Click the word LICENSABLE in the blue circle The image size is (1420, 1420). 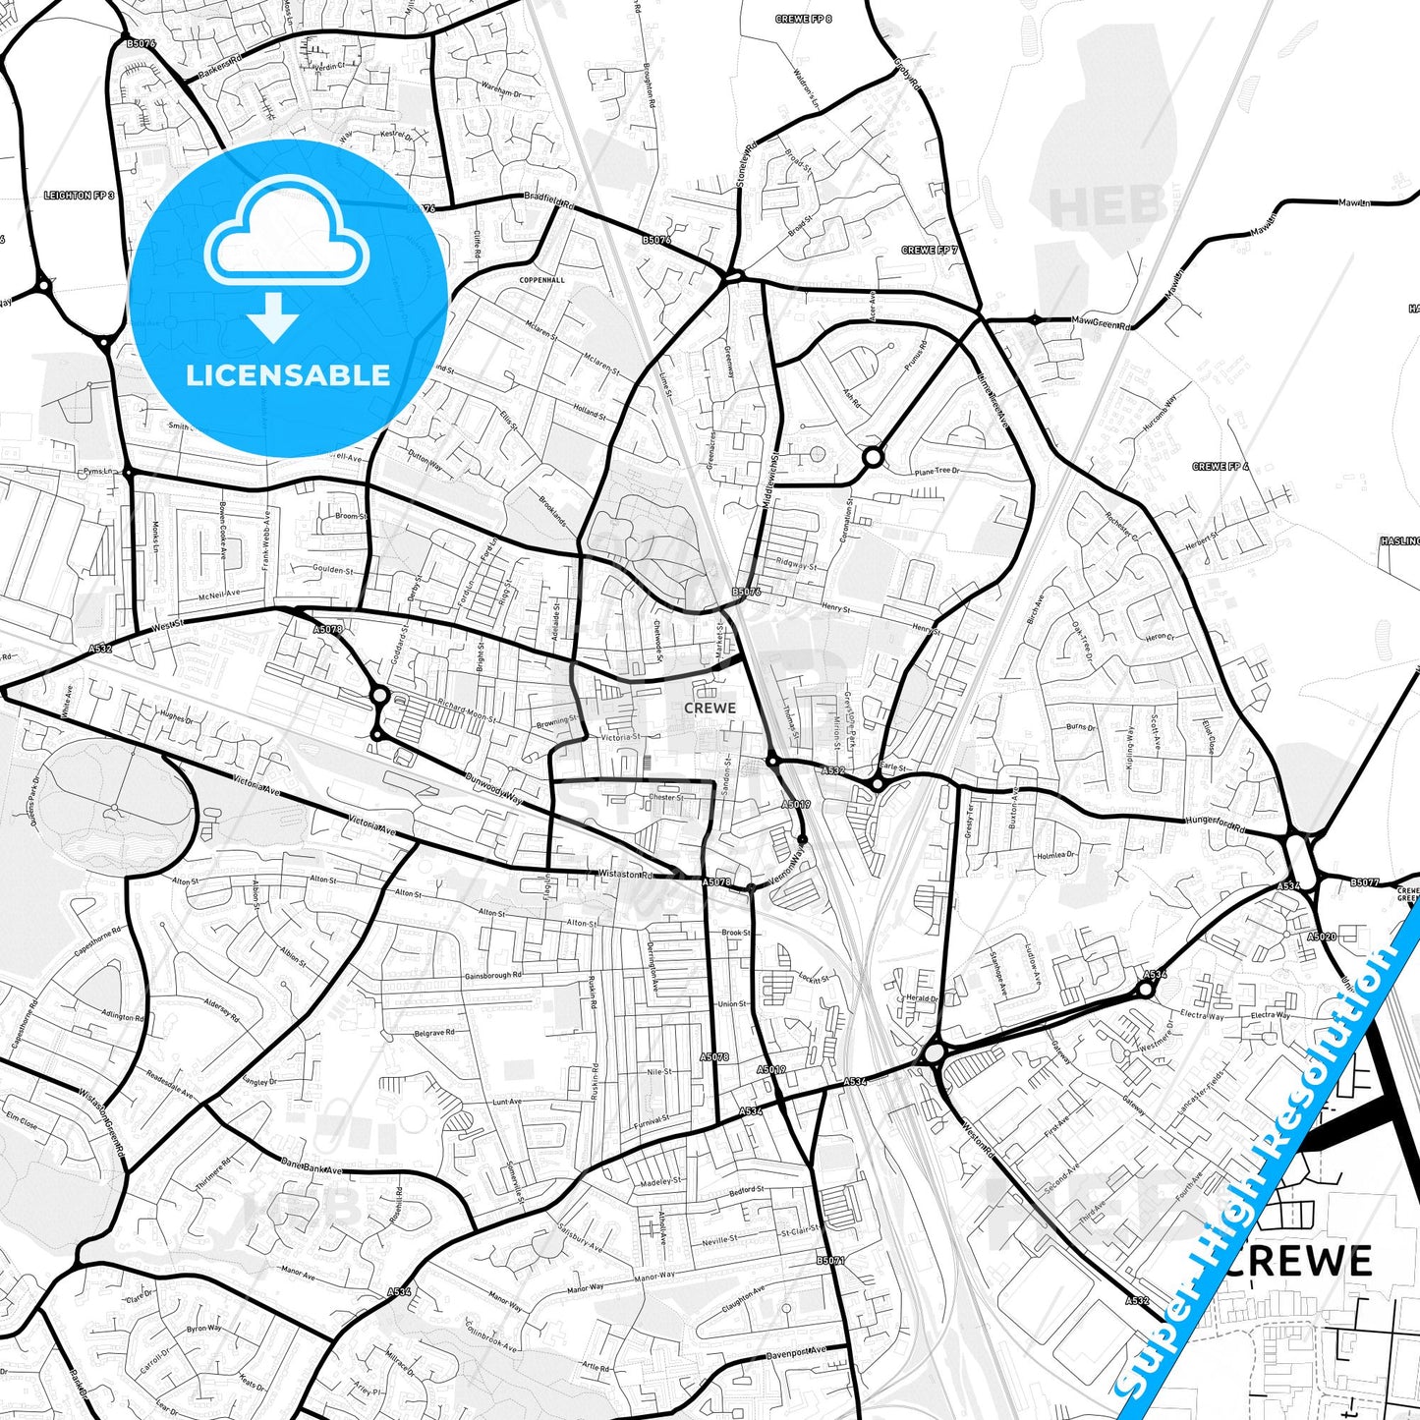(x=288, y=375)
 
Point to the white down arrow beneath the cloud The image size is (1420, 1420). (x=273, y=315)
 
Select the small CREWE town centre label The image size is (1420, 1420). (x=710, y=708)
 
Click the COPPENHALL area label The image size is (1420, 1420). (x=542, y=280)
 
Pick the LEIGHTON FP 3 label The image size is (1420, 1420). (x=80, y=196)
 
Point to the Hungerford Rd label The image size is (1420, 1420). (x=1215, y=824)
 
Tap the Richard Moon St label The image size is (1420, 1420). (x=468, y=711)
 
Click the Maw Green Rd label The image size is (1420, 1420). (x=1101, y=322)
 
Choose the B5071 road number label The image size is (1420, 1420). (x=830, y=1260)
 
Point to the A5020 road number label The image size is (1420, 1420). (x=1321, y=937)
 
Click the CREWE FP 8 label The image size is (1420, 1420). (x=804, y=20)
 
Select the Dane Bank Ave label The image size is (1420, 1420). (x=311, y=1168)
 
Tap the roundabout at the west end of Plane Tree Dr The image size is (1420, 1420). (x=872, y=457)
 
